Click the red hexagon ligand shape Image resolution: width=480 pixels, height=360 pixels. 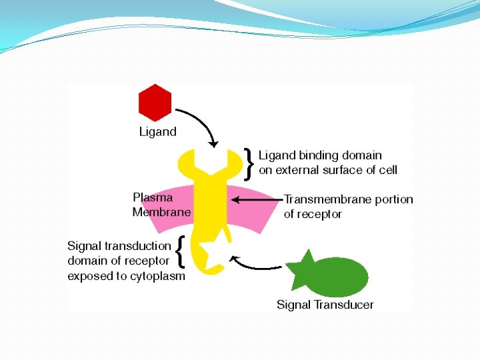155,103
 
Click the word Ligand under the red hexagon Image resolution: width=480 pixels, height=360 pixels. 158,132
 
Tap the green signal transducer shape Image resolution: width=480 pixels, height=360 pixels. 330,275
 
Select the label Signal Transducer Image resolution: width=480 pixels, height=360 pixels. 325,305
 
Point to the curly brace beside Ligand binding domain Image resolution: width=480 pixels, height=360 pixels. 249,163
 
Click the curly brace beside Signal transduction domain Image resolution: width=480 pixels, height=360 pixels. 179,254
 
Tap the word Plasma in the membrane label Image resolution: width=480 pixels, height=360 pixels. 153,197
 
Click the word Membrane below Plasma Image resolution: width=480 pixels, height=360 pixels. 161,212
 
